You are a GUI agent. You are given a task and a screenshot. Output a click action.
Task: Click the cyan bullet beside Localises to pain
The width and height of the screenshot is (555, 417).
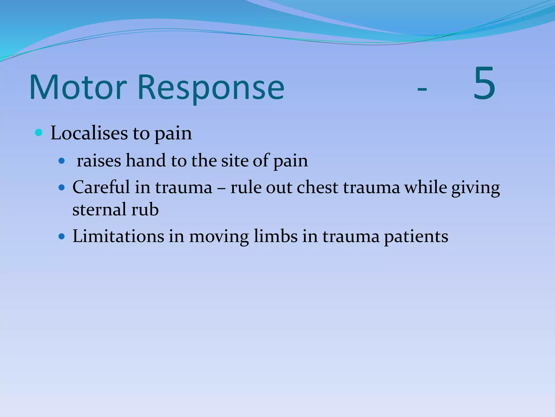tap(39, 133)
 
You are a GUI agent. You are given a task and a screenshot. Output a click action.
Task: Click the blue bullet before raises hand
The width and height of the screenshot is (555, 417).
tap(62, 161)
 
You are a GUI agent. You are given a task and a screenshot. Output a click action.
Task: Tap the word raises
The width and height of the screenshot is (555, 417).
tap(99, 160)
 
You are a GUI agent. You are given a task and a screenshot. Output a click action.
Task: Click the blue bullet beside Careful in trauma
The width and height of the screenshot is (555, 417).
tap(62, 187)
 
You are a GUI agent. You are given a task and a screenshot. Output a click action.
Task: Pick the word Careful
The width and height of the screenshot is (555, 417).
tap(101, 187)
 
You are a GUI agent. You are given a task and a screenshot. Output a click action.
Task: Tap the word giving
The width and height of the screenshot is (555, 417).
tap(475, 188)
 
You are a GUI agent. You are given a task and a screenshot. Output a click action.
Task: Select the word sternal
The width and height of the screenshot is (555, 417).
tap(99, 210)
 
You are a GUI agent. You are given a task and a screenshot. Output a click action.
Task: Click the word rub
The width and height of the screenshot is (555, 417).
tap(145, 210)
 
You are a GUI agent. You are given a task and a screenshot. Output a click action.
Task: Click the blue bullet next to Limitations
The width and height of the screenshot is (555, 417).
tap(62, 236)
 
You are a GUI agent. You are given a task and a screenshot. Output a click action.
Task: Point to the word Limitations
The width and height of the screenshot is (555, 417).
tap(118, 236)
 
